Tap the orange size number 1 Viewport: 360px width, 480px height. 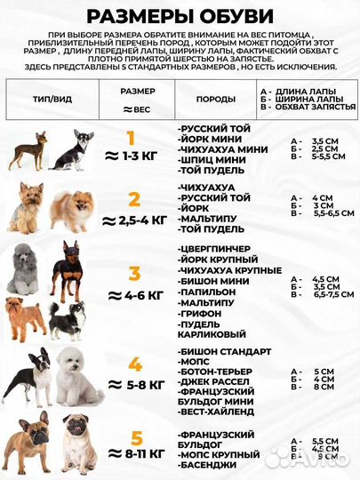click(132, 138)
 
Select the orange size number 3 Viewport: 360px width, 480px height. click(133, 273)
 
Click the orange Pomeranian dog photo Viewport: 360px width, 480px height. click(70, 208)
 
